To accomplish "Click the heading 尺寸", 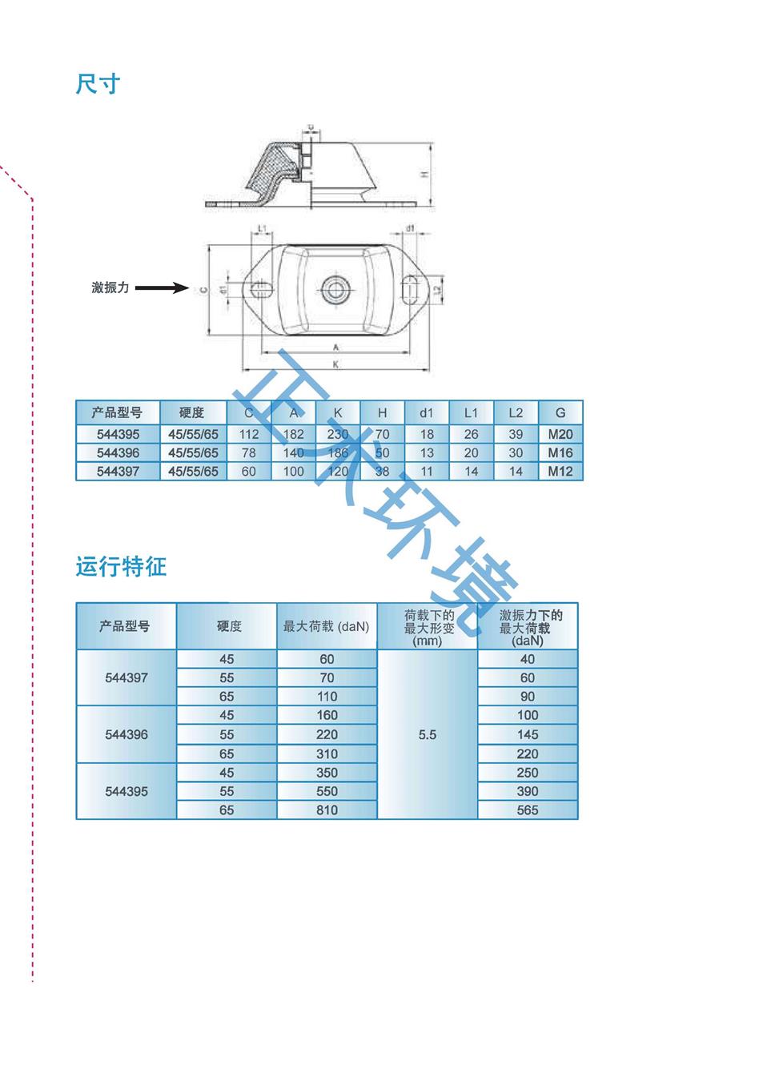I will [98, 84].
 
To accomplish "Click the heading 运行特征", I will [121, 567].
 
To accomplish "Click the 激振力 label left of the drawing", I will [110, 287].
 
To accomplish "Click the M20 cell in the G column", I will [560, 434].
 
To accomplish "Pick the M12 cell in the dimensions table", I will [560, 472].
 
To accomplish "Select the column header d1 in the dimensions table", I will [426, 412].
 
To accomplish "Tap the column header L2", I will [516, 412].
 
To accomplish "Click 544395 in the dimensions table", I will [118, 434].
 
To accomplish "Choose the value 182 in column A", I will [294, 434].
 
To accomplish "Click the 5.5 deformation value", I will [428, 734].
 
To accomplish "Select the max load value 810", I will [327, 810].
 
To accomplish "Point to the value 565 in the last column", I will [528, 810].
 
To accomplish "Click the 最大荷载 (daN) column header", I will [326, 626].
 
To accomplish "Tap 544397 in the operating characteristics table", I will [127, 677].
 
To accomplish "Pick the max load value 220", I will [327, 734].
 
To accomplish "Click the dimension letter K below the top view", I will [336, 364].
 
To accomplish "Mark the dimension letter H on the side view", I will [425, 174].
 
